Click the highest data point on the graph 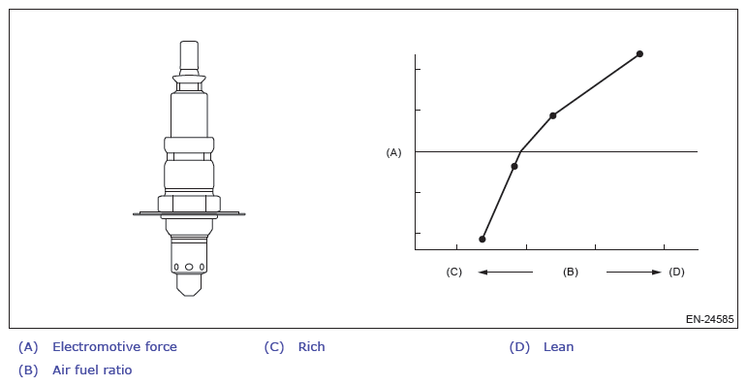pos(639,54)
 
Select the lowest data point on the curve pos(482,239)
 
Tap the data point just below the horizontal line pos(514,166)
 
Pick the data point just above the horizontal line pos(552,115)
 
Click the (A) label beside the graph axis pos(393,152)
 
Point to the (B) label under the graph pos(571,272)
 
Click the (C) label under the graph pos(454,272)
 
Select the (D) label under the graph pos(676,272)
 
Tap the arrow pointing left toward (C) pos(506,272)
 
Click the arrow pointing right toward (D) pos(634,272)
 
